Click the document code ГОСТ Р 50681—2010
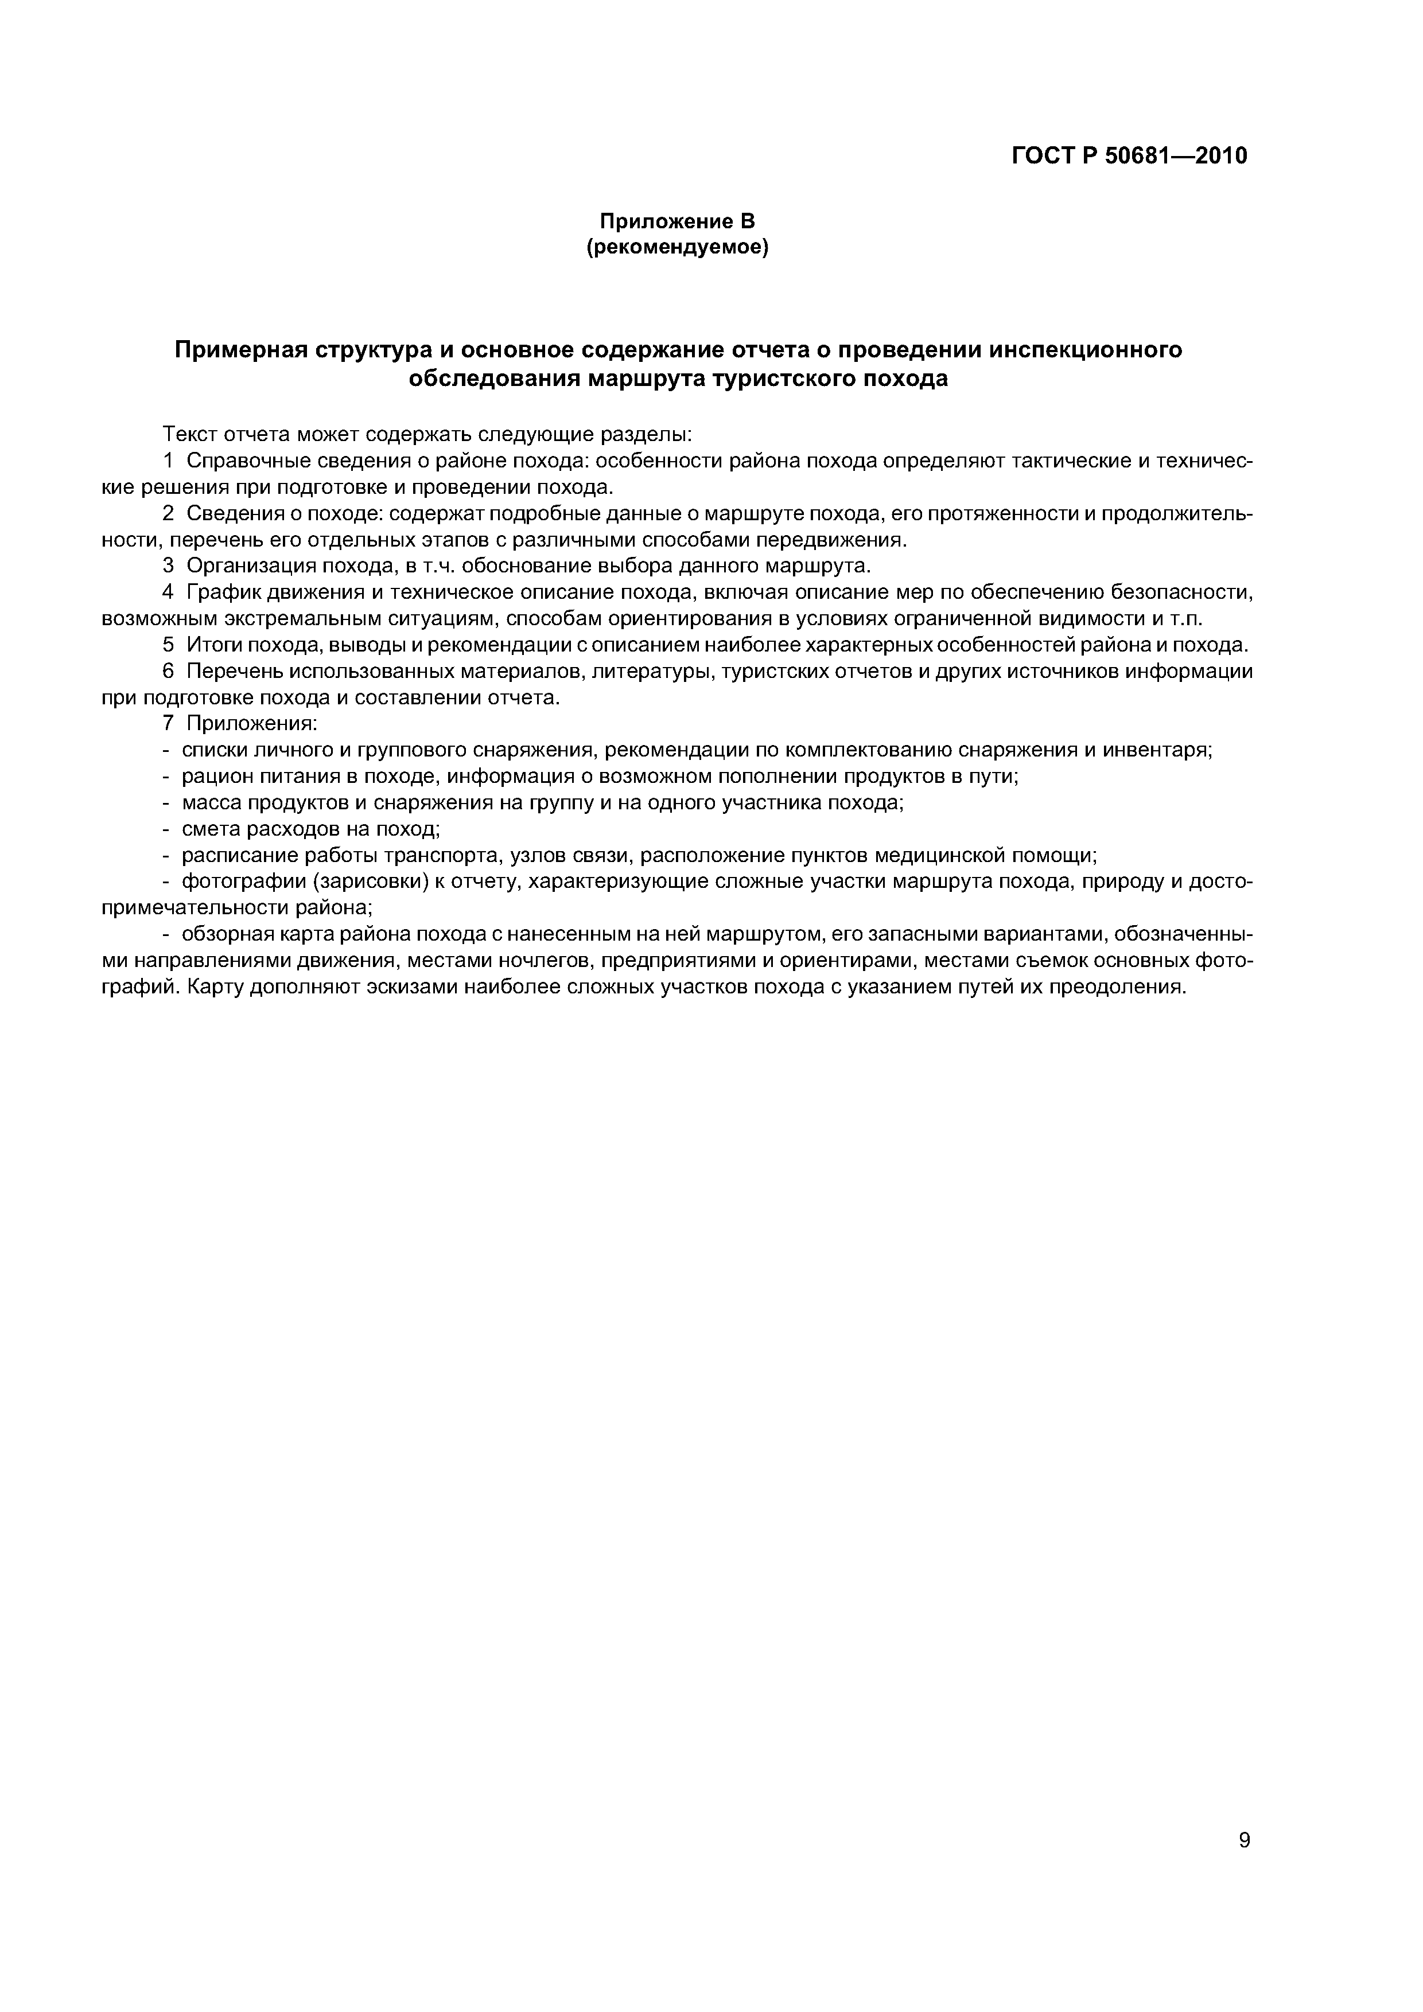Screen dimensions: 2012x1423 (x=1129, y=156)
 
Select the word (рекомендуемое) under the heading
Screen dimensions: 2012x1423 (x=677, y=249)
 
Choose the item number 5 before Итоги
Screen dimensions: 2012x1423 (x=168, y=645)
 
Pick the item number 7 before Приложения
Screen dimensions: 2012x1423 (x=168, y=724)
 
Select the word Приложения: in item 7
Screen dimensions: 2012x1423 (x=252, y=724)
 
